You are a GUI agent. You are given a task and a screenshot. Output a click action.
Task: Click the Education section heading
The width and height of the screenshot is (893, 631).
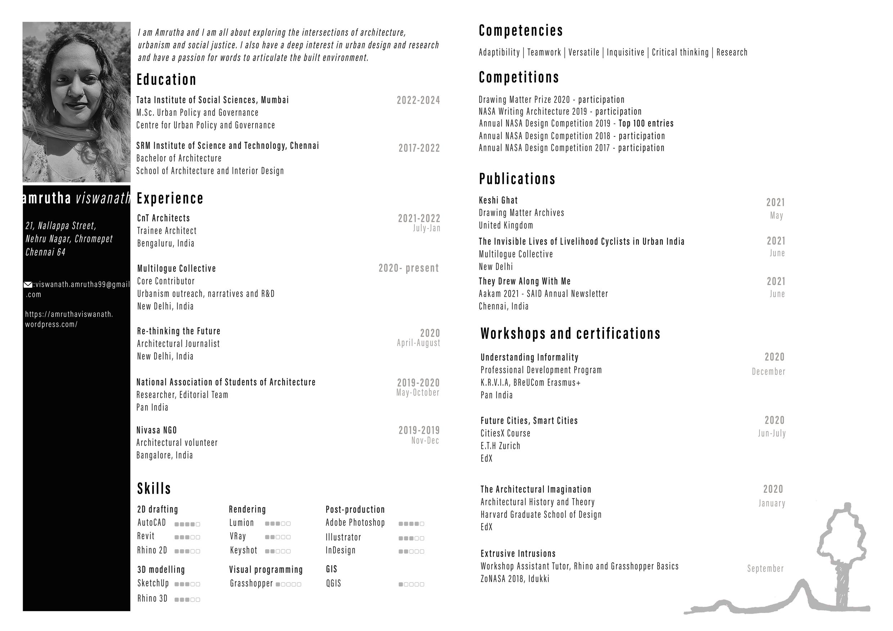[166, 80]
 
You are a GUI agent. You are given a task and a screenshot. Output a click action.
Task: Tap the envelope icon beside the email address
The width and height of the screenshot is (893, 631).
[28, 285]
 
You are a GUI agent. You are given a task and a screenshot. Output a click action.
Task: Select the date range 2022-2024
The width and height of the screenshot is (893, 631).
[418, 100]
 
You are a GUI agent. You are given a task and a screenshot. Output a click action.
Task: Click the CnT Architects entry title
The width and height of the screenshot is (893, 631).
[163, 218]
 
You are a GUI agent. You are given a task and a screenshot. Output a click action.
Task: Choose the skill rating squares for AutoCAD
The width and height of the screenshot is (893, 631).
[187, 524]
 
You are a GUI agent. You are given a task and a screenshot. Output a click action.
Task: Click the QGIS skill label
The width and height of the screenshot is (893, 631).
[333, 583]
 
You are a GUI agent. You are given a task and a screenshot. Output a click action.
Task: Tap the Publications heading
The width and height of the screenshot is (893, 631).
[517, 179]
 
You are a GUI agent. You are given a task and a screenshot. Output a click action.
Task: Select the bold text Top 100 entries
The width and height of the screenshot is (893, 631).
[646, 124]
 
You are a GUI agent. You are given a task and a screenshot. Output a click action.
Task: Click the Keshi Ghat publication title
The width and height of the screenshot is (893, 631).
[498, 200]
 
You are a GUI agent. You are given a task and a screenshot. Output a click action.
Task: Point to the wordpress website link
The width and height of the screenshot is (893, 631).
[69, 319]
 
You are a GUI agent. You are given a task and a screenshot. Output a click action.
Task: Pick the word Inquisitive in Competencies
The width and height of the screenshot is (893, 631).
[625, 53]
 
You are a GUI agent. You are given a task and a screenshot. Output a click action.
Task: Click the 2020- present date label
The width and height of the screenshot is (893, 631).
[409, 268]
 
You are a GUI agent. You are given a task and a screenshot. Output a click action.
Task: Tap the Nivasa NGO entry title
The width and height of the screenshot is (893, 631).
[156, 430]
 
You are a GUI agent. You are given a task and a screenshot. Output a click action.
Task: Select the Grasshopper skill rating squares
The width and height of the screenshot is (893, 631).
[288, 584]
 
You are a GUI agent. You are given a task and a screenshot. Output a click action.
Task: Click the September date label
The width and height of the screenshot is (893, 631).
[765, 568]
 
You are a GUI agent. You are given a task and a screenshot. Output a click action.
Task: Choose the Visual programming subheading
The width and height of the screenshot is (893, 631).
[266, 569]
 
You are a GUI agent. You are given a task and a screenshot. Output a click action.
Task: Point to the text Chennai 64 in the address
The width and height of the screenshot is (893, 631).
[45, 252]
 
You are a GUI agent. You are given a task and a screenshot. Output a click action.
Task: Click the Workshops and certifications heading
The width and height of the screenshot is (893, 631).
[570, 333]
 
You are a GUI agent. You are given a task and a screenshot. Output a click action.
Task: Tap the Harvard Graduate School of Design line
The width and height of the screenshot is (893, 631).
[541, 514]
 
